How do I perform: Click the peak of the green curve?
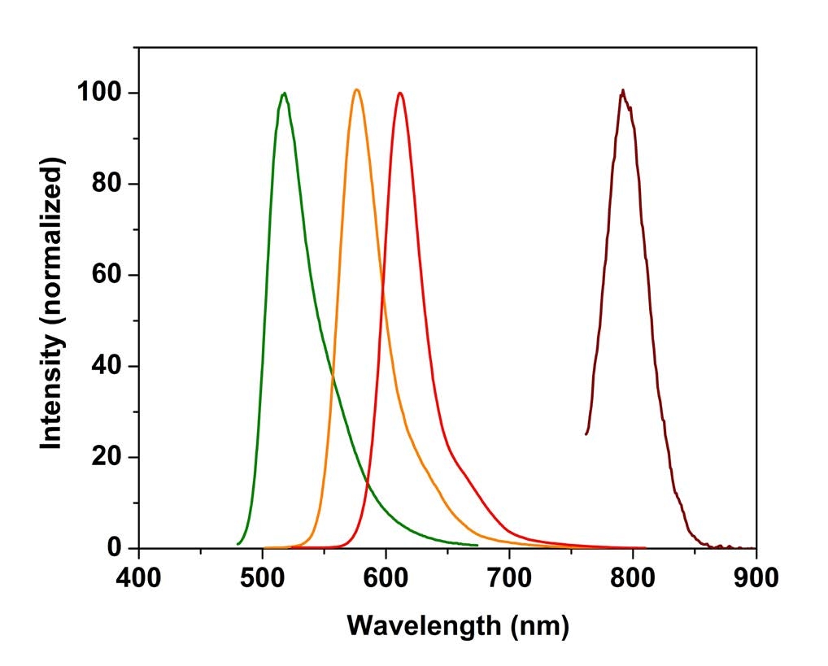284,94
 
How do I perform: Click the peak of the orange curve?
356,89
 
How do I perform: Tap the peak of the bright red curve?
399,93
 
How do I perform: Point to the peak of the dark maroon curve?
623,90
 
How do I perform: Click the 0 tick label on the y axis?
115,548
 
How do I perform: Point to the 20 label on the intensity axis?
107,457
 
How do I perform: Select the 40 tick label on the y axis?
107,366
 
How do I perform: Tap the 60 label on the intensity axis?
107,275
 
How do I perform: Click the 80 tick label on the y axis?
107,184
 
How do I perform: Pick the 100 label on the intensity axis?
99,93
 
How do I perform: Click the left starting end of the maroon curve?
586,433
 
